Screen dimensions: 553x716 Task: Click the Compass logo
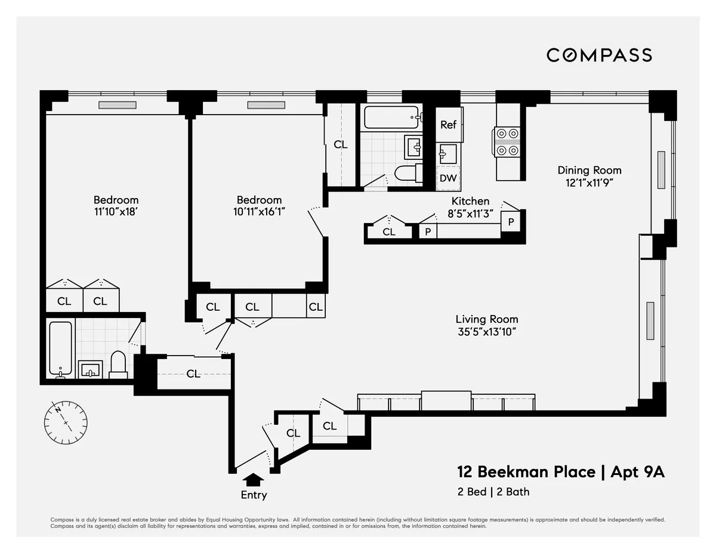(599, 55)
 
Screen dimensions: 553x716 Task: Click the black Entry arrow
(254, 480)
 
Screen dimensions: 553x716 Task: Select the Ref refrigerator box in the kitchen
(448, 125)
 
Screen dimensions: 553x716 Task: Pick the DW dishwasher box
(448, 178)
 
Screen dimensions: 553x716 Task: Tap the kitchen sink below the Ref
(447, 154)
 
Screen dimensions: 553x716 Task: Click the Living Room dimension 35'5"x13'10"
(486, 332)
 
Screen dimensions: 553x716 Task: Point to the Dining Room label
(589, 170)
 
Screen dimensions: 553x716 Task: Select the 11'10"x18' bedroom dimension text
(116, 211)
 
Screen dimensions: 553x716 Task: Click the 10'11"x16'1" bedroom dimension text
(259, 211)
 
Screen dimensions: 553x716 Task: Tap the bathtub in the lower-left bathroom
(60, 350)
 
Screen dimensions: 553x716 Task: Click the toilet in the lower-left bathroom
(118, 364)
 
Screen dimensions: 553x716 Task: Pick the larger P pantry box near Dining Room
(511, 221)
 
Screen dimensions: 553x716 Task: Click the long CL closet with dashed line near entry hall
(193, 374)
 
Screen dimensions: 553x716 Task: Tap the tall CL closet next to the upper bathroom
(340, 144)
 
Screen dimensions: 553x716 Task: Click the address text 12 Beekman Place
(526, 472)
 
